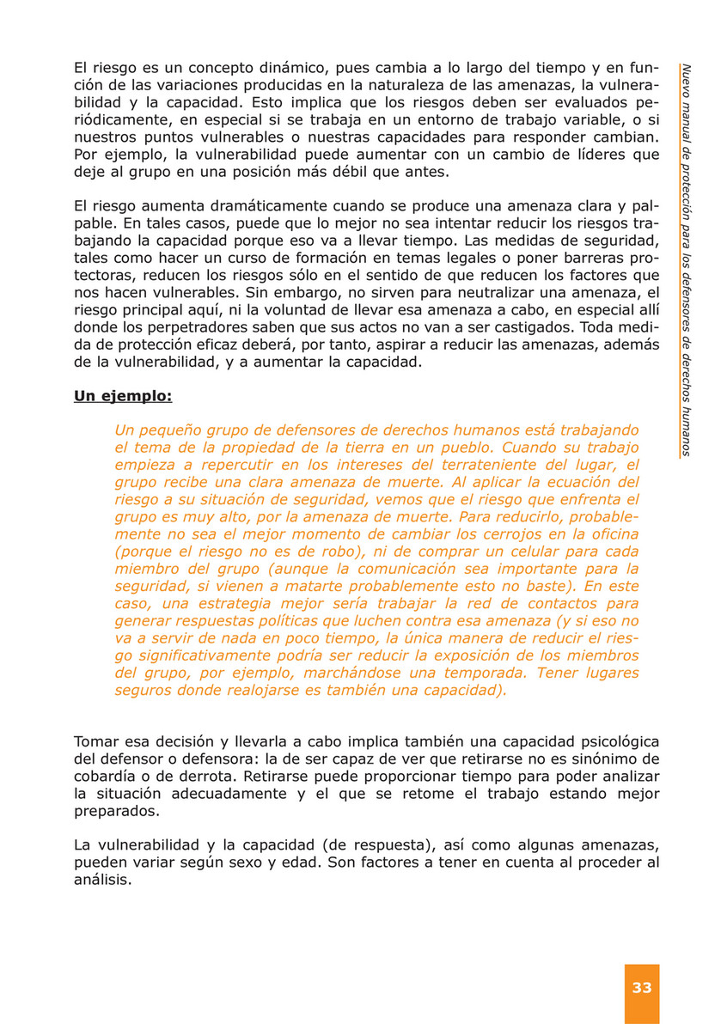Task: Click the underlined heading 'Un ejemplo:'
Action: coord(123,397)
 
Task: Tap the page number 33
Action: coord(642,987)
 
